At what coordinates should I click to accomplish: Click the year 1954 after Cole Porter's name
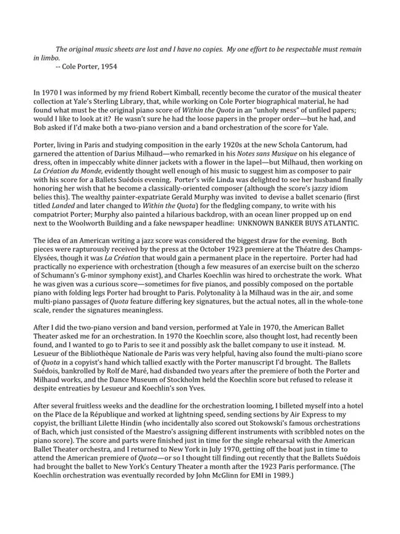point(108,65)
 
